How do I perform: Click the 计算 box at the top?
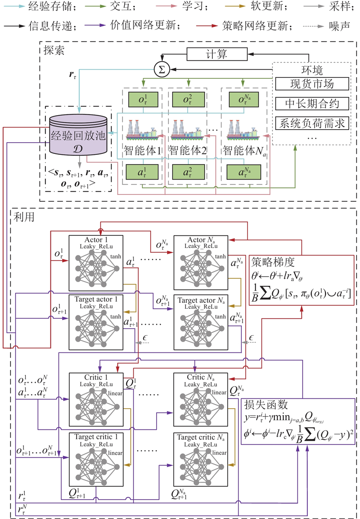click(x=216, y=54)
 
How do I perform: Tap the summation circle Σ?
click(x=160, y=69)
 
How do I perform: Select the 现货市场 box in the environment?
click(x=312, y=84)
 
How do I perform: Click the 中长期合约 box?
click(x=312, y=104)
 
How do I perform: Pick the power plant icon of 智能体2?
click(x=187, y=128)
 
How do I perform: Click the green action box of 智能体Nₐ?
click(x=243, y=171)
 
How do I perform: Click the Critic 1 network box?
click(x=95, y=399)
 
